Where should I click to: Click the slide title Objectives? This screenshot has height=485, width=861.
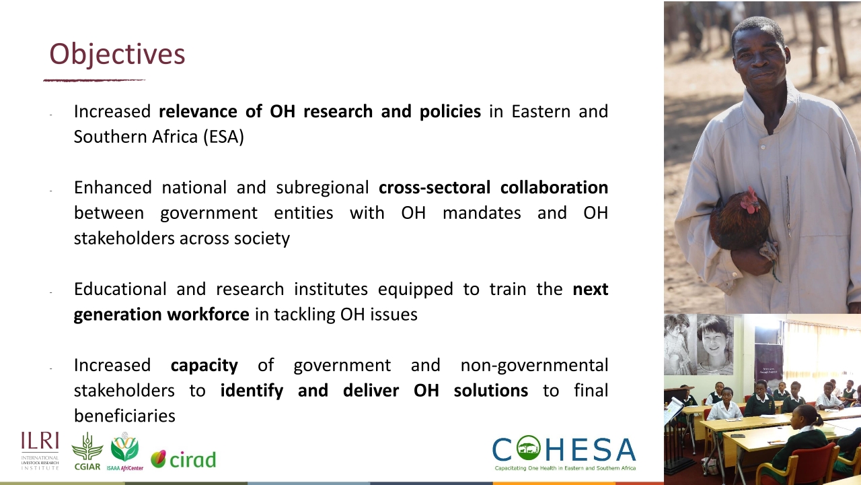pyautogui.click(x=117, y=54)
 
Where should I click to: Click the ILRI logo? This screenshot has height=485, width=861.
pyautogui.click(x=40, y=451)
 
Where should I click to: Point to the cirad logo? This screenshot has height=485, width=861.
pyautogui.click(x=183, y=459)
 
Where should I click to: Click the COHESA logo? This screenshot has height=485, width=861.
pyautogui.click(x=564, y=453)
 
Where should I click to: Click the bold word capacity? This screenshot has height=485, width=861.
pyautogui.click(x=204, y=365)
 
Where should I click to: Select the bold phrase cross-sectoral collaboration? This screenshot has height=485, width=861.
pyautogui.click(x=493, y=187)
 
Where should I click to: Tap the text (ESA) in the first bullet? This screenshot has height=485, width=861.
pyautogui.click(x=223, y=137)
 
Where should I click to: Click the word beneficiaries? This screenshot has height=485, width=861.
pyautogui.click(x=124, y=416)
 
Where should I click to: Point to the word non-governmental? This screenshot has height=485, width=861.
pyautogui.click(x=534, y=365)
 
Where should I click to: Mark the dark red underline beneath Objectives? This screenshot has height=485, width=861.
pyautogui.click(x=94, y=80)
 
